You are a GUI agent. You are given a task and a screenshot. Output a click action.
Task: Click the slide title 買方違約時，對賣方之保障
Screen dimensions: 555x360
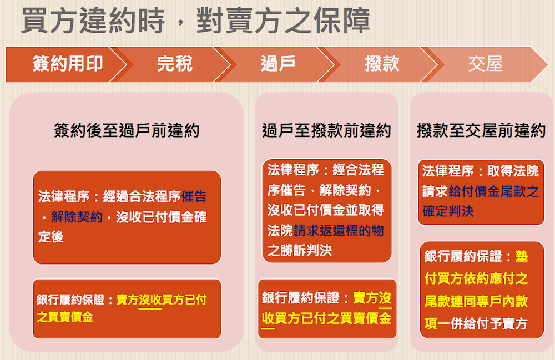pos(196,21)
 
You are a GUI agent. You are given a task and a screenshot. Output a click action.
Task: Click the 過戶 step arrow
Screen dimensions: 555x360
pos(278,64)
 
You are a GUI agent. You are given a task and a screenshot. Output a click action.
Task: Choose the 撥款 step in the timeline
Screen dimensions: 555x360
pos(382,64)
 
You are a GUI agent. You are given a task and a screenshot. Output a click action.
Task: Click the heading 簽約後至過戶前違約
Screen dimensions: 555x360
pos(127,130)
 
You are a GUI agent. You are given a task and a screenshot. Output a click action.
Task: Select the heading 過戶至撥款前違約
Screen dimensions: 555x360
pos(326,130)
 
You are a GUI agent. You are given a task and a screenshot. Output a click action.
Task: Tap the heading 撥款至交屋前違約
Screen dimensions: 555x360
pos(481,130)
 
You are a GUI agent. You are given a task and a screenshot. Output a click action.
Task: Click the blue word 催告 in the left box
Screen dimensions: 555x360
pos(194,196)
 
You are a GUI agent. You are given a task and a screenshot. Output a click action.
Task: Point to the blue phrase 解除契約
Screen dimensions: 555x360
pos(77,217)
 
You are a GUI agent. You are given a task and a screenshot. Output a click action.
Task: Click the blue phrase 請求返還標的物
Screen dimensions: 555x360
pos(339,231)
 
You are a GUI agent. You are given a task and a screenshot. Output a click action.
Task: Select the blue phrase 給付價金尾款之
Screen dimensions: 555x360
pos(494,191)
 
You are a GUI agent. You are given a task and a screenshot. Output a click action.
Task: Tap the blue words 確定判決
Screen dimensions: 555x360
pos(448,211)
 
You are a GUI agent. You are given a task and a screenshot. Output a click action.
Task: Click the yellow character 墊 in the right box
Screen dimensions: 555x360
pos(521,256)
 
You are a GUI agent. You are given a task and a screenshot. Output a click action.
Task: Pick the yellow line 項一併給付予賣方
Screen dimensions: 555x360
pos(476,323)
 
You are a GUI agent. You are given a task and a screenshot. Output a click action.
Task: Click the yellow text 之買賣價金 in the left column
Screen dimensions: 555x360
pos(65,317)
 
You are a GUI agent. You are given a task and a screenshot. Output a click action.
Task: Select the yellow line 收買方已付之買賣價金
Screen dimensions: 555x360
pos(326,318)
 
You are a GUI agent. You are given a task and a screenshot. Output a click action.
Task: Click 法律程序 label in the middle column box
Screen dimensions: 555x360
pos(293,170)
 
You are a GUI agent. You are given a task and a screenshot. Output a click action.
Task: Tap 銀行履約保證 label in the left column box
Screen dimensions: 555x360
pos(70,300)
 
